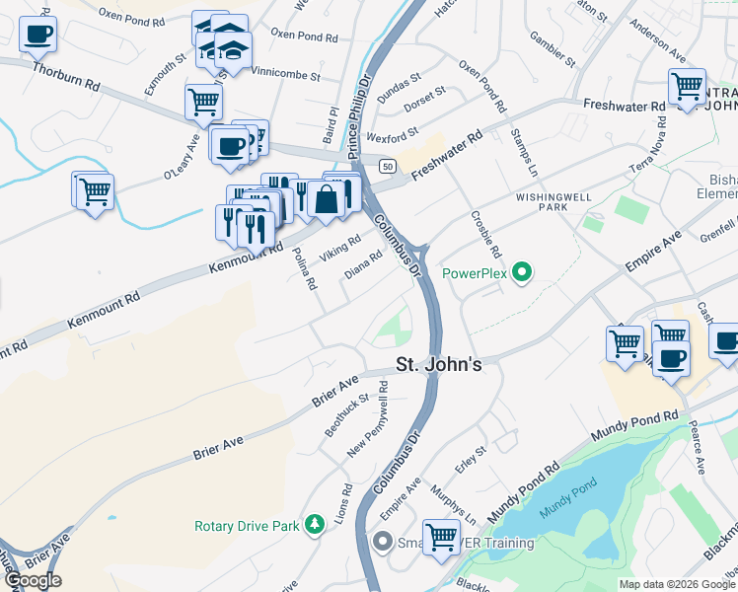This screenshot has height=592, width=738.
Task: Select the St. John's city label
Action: tap(439, 364)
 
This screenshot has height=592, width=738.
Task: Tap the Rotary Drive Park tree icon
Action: tap(315, 525)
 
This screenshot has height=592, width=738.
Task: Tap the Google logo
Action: tap(33, 580)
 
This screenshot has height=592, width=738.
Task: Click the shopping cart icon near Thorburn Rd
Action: tap(203, 101)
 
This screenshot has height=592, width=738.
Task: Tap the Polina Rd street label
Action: tap(304, 268)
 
